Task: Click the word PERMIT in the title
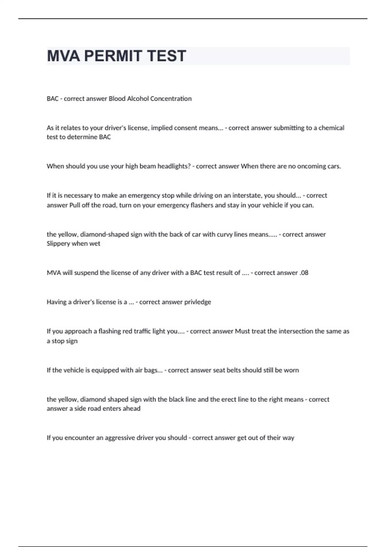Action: point(110,56)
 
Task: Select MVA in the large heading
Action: point(63,56)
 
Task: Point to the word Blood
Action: point(117,98)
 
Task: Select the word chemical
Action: point(331,128)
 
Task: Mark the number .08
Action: point(304,273)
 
